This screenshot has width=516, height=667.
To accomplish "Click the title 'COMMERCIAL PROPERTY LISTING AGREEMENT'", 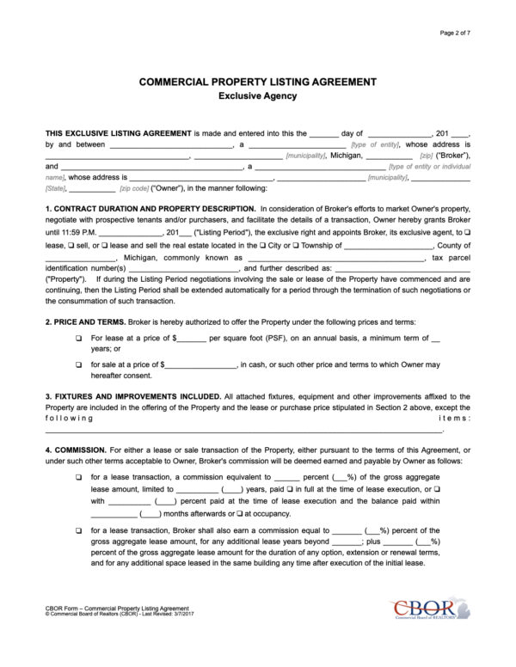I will pyautogui.click(x=258, y=82).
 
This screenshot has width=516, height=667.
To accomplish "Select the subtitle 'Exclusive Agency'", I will pyautogui.click(x=258, y=96).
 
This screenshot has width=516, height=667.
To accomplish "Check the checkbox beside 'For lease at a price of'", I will pyautogui.click(x=79, y=339).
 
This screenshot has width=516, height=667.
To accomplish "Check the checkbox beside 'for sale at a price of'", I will pyautogui.click(x=79, y=365).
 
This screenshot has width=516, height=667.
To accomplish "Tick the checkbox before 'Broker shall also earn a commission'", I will pyautogui.click(x=79, y=531).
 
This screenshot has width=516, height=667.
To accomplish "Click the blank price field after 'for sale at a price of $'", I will pyautogui.click(x=200, y=365).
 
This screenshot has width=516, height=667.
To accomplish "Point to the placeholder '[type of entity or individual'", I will pyautogui.click(x=430, y=167).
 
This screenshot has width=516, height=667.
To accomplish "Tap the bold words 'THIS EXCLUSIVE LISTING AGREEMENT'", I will pyautogui.click(x=118, y=133).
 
